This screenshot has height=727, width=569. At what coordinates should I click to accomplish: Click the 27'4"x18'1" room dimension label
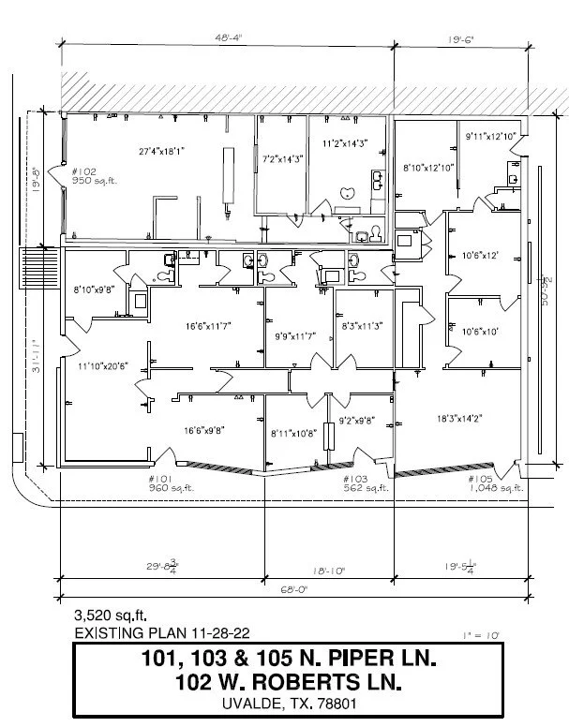[x=162, y=149]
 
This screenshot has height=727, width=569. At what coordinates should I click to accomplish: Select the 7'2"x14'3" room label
[x=282, y=159]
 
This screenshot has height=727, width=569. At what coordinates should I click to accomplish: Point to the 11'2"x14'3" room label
[x=344, y=144]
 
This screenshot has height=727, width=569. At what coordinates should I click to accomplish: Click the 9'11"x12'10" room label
[x=492, y=137]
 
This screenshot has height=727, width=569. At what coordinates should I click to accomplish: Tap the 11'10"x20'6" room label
[x=101, y=365]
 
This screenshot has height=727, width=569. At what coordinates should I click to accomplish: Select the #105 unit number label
[x=480, y=479]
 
